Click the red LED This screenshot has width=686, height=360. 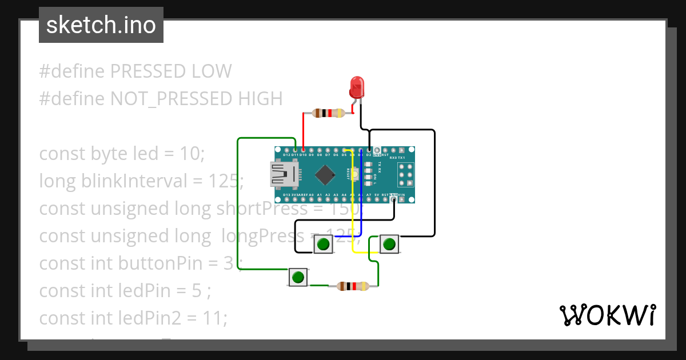[357, 88]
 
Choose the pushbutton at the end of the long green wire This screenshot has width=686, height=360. [298, 278]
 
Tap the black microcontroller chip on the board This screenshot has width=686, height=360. [325, 175]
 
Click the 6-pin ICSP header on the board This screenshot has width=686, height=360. [406, 174]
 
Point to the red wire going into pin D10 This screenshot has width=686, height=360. [303, 131]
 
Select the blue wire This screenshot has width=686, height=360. [361, 194]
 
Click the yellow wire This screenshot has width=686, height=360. [353, 206]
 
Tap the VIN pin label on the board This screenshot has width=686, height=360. [402, 195]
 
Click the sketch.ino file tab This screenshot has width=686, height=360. [101, 25]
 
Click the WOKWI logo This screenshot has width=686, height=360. [607, 315]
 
